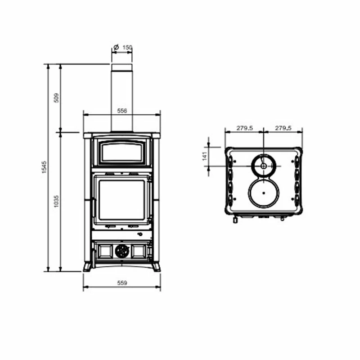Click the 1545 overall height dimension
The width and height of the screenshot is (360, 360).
pos(45,167)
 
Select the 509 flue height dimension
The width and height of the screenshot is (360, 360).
pos(57,98)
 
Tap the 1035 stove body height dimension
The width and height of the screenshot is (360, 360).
pos(57,201)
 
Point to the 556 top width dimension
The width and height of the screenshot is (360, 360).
pos(122,111)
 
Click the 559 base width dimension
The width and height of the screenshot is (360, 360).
pos(122,283)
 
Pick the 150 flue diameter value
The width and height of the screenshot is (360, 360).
pos(127,48)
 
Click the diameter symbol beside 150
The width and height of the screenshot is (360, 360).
pos(116,47)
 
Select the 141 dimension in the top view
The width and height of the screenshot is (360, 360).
pos(205,156)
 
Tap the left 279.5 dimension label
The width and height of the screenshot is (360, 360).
pos(245,128)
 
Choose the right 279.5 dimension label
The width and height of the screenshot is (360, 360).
pos(283,128)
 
